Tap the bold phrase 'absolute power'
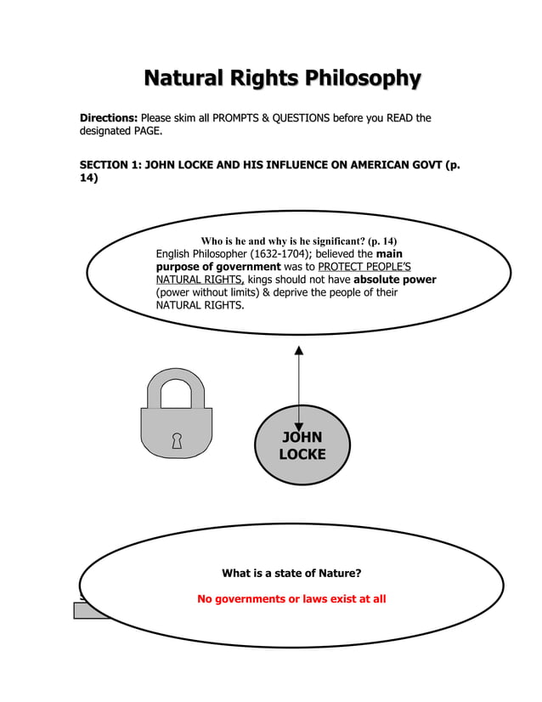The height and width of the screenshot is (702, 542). pos(394,279)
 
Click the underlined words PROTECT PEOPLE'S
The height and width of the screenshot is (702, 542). pos(364,266)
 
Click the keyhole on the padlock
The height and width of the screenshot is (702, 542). pos(177,440)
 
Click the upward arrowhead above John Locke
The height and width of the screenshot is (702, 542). pos(298,350)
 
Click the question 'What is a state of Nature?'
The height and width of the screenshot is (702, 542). pos(291,573)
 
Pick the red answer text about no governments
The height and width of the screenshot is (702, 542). pos(291,599)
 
